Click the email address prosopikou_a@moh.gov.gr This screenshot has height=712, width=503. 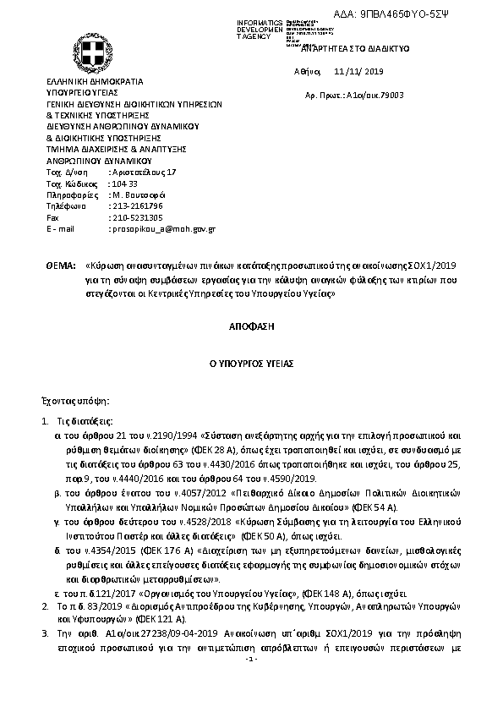tap(163, 228)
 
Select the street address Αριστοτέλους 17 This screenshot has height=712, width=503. tap(144, 172)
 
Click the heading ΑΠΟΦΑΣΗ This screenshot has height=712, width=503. tap(251, 324)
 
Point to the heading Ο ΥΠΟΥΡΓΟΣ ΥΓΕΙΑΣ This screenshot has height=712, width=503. tap(251, 362)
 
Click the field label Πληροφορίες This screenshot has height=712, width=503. tap(68, 194)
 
